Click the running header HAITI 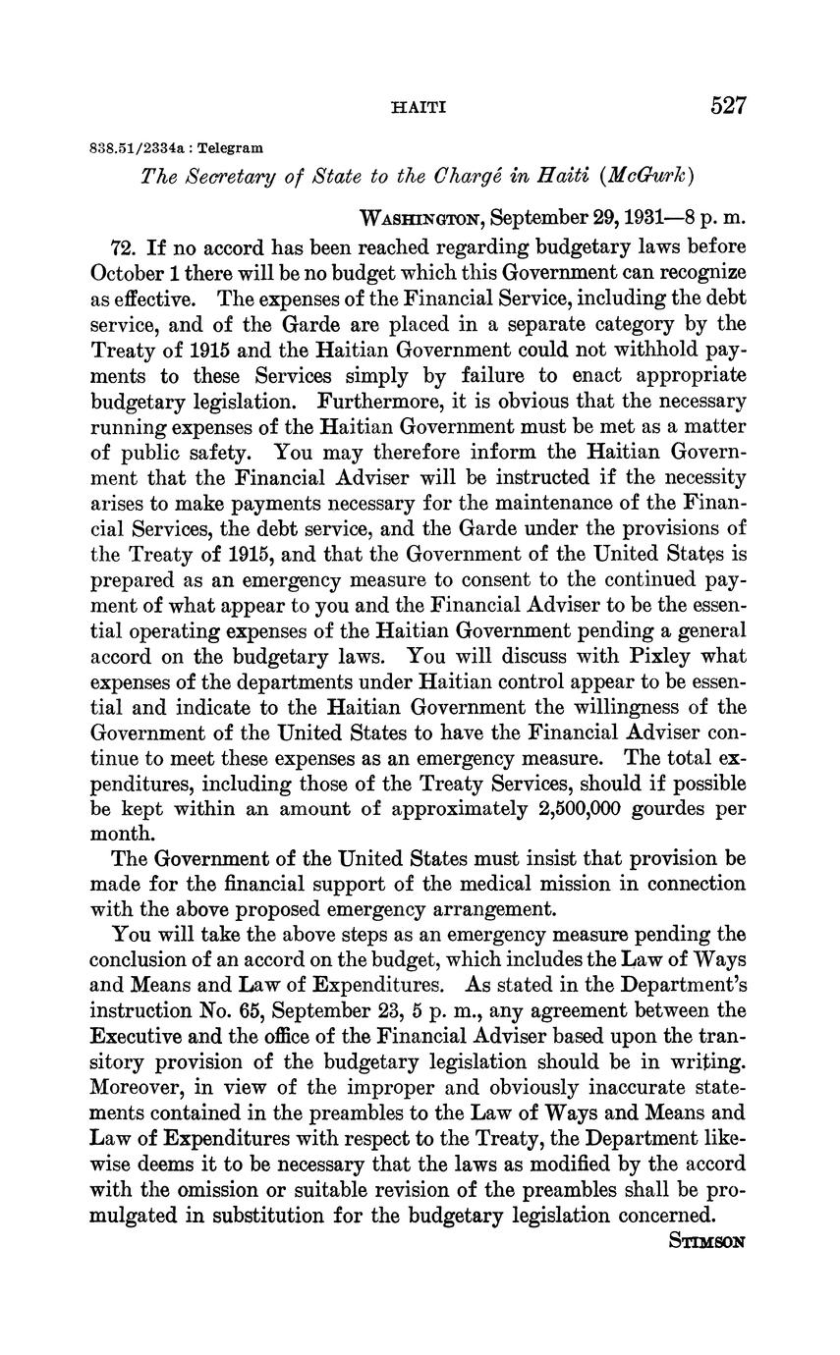tap(419, 107)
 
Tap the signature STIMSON tap(706, 1241)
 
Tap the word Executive tap(139, 1038)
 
